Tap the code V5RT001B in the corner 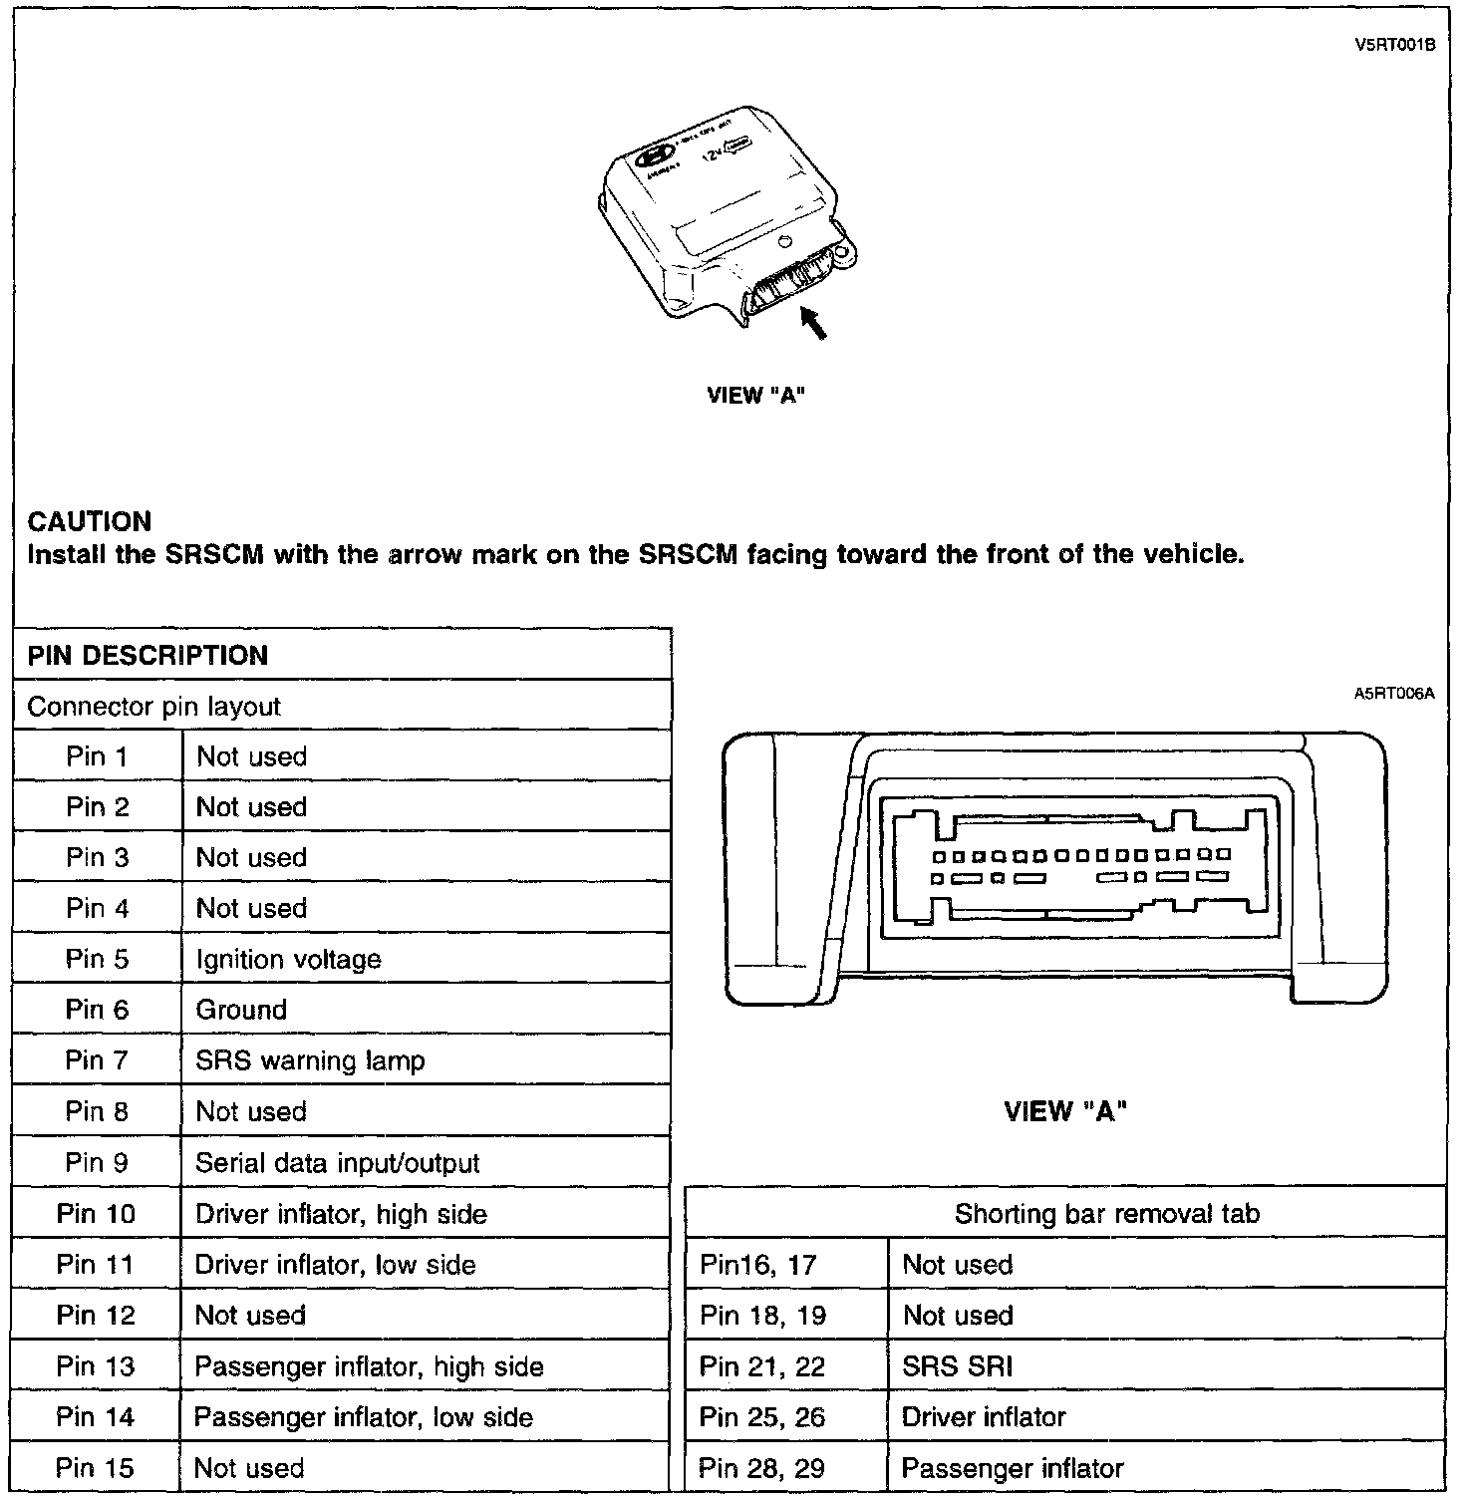1394,44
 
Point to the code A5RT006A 1393,693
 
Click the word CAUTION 90,521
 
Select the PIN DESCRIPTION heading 147,655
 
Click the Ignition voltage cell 289,959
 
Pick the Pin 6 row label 97,1010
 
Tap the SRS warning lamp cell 310,1060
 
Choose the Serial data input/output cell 338,1163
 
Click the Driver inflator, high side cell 341,1214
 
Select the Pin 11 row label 95,1265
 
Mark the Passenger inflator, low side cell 364,1417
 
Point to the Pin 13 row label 95,1366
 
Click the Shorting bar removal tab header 1106,1213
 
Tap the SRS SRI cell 957,1366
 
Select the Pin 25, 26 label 762,1417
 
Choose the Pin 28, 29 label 761,1468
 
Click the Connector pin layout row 154,707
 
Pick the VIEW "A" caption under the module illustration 755,396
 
